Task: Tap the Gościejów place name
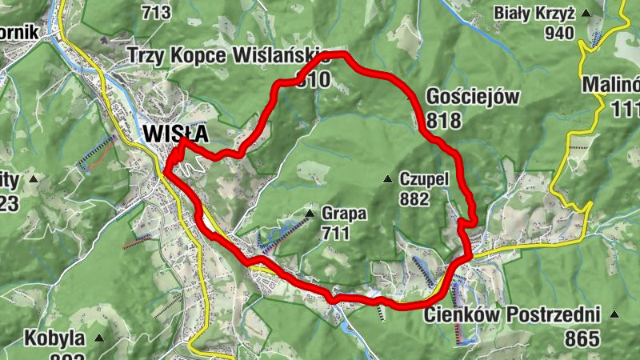point(474,98)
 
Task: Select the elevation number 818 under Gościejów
point(445,120)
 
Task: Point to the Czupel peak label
point(422,178)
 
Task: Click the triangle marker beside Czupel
point(387,178)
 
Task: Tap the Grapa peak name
point(345,214)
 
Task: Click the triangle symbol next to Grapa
point(310,214)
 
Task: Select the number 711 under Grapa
point(336,234)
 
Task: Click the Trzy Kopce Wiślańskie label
point(229,55)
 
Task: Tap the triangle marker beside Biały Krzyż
point(586,13)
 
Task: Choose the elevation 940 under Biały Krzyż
point(559,33)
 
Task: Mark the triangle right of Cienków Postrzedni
point(614,314)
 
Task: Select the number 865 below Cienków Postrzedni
point(582,338)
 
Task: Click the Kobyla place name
point(54,337)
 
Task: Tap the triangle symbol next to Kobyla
point(99,338)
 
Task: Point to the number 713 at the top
point(156,12)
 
